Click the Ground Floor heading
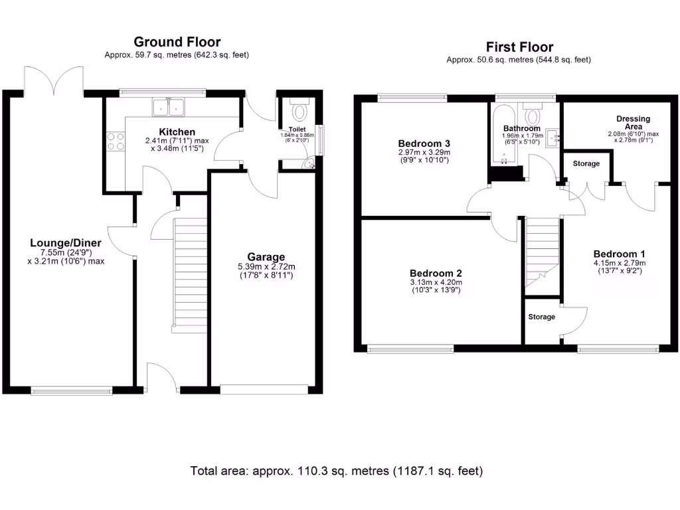pos(177,42)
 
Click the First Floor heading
pos(519,47)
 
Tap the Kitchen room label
pos(177,132)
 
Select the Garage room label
pos(266,257)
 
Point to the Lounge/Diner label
pos(65,242)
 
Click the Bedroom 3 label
pos(424,143)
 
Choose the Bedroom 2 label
pos(435,273)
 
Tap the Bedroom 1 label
pos(619,254)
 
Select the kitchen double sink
pos(169,107)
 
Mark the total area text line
pos(337,471)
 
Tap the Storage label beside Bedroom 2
pos(541,317)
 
